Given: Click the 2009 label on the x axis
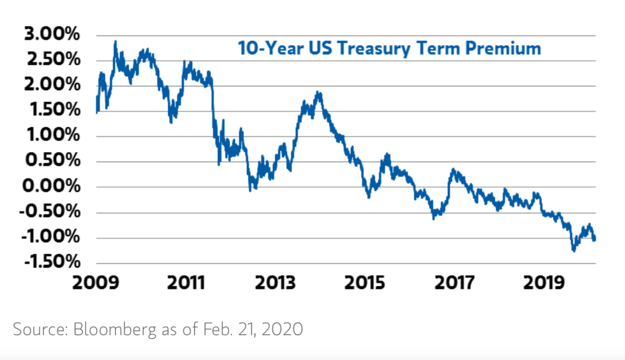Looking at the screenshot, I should click(96, 283).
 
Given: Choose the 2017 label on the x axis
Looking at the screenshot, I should click(455, 283).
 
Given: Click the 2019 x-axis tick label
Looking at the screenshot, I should click(545, 283).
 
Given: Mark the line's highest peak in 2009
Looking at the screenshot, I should click(115, 42).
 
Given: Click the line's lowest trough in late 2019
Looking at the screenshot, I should click(573, 251).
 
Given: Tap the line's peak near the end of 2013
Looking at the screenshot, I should click(318, 92).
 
